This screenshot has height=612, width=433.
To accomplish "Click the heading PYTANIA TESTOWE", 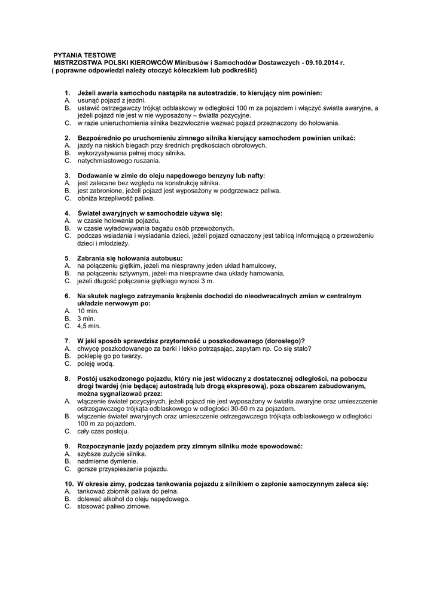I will tap(85, 55).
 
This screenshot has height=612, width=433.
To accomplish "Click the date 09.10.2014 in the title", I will tap(322, 63).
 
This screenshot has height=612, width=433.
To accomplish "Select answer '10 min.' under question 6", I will tap(88, 311).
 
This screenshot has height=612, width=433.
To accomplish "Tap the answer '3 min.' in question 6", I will tap(86, 319).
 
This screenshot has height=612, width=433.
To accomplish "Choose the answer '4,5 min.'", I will tap(89, 326).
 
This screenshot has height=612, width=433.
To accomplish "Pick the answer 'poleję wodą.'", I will tap(96, 363).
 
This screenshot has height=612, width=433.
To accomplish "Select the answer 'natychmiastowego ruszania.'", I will tap(119, 160).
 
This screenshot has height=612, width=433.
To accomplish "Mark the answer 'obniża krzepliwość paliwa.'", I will tap(116, 198).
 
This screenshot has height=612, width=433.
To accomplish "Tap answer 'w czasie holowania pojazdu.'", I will tap(113, 221).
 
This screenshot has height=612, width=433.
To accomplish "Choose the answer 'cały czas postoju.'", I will tap(102, 431).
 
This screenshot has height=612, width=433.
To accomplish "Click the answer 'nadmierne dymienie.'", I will tap(108, 461).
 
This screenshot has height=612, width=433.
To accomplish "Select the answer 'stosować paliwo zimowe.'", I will tap(114, 506).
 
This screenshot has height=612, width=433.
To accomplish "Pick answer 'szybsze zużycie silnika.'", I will tap(112, 454).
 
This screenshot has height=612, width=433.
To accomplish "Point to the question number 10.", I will tap(68, 484).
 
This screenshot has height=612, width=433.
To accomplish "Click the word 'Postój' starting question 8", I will tap(90, 379).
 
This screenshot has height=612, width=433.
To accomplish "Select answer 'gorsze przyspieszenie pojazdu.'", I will tap(123, 469).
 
